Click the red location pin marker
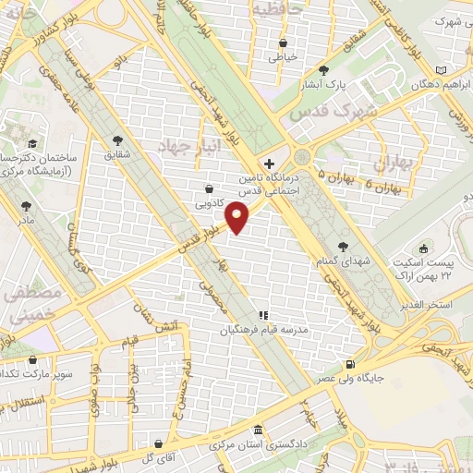coord(237,218)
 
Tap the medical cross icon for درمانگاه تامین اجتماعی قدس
coord(268,163)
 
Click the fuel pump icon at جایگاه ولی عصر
coord(348,364)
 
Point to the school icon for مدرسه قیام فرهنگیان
coord(262,315)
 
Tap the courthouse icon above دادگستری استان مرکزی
coord(257,432)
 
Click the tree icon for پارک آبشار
coord(322,70)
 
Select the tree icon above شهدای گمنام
coord(344,246)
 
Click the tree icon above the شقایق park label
coord(117,141)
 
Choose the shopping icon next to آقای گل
coord(159,443)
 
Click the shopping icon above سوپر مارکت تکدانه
coord(33,360)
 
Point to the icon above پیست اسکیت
coord(425,249)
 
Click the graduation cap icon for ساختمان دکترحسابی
coord(33,143)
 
